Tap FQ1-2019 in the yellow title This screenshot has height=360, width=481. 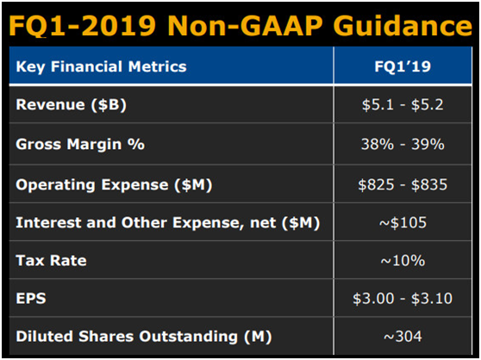pyautogui.click(x=83, y=26)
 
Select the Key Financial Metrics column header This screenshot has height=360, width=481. pyautogui.click(x=101, y=67)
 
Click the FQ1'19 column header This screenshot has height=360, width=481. pyautogui.click(x=403, y=66)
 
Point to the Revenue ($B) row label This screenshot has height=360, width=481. pyautogui.click(x=72, y=105)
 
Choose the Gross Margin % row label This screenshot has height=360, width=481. pyautogui.click(x=80, y=144)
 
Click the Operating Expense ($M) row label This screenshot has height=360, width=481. pyautogui.click(x=114, y=185)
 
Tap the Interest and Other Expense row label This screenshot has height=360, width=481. pyautogui.click(x=168, y=223)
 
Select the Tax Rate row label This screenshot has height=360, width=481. pyautogui.click(x=51, y=260)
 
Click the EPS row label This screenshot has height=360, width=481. pyautogui.click(x=31, y=298)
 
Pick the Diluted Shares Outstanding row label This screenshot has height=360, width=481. pyautogui.click(x=144, y=337)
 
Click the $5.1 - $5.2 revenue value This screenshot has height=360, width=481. pyautogui.click(x=403, y=105)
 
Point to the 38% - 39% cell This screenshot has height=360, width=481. pyautogui.click(x=403, y=144)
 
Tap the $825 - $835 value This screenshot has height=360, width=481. pyautogui.click(x=403, y=185)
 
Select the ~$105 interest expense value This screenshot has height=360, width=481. pyautogui.click(x=403, y=223)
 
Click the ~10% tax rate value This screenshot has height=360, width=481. pyautogui.click(x=403, y=261)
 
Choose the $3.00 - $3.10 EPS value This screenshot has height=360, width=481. pyautogui.click(x=403, y=298)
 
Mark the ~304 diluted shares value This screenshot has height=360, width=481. pyautogui.click(x=403, y=337)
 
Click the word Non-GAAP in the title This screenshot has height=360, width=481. pyautogui.click(x=245, y=26)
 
